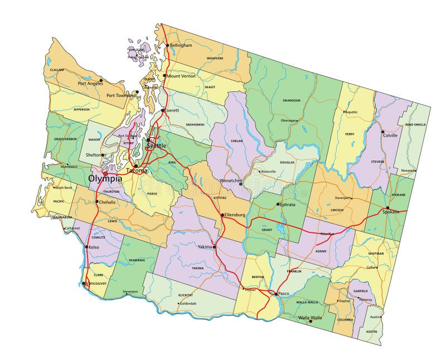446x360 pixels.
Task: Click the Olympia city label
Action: [x=105, y=179]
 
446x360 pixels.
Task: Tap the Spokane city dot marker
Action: [x=387, y=208]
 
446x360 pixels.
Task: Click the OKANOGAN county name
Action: [x=291, y=101]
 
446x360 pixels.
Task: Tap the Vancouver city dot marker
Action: [x=84, y=283]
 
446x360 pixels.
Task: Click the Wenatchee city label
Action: [x=230, y=181]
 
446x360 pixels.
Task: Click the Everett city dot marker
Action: [x=163, y=110]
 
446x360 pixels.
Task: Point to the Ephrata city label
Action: [x=288, y=205]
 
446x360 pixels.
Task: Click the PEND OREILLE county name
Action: [x=416, y=125]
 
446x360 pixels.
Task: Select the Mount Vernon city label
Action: [x=181, y=76]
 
